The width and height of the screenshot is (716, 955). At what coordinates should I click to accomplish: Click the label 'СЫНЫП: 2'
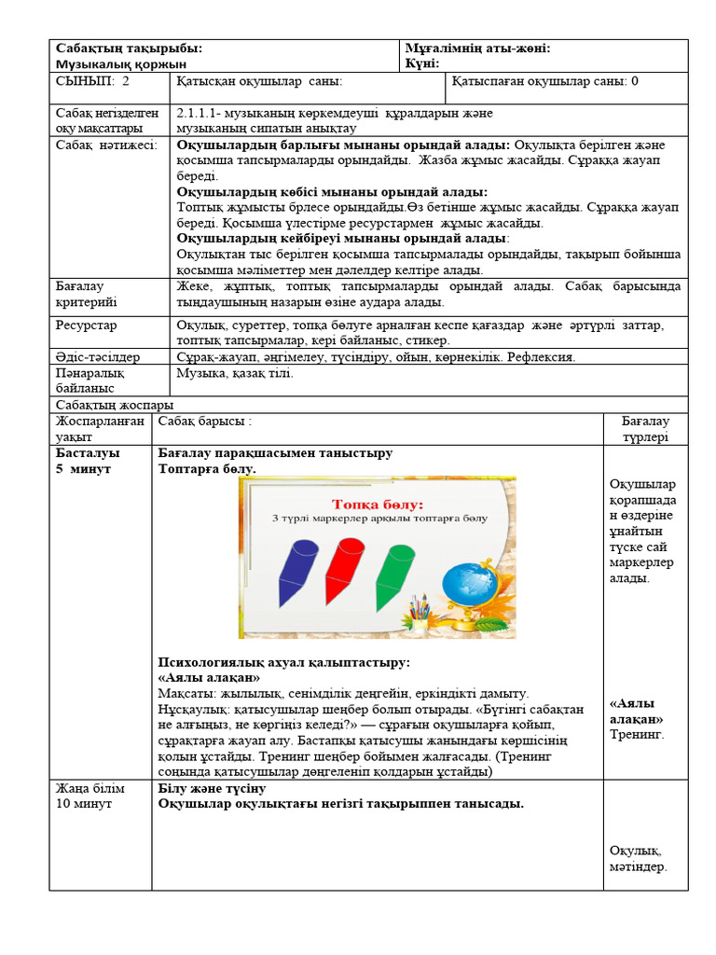click(x=92, y=81)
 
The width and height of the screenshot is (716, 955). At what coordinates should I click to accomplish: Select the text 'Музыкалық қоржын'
click(x=120, y=63)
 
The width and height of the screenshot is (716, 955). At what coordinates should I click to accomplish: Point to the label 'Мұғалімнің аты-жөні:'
click(x=477, y=48)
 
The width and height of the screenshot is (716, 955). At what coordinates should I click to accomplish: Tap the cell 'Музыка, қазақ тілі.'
click(x=234, y=373)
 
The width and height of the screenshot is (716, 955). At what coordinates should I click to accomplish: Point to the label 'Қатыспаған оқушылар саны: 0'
click(x=545, y=81)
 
